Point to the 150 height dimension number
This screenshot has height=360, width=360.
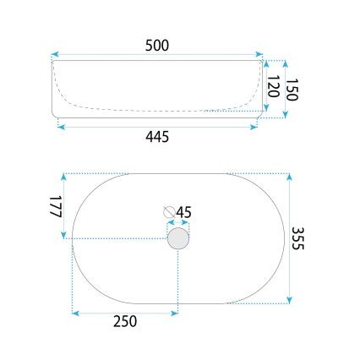(x=293, y=88)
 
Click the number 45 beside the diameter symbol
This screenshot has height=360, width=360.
(x=184, y=212)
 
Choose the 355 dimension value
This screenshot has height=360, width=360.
(x=298, y=239)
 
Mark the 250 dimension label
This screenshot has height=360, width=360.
(x=125, y=321)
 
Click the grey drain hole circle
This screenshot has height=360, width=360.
(x=178, y=239)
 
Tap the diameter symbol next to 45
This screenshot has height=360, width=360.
(x=169, y=212)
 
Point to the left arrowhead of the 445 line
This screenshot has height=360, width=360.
(x=59, y=127)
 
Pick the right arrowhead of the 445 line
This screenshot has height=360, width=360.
(x=255, y=127)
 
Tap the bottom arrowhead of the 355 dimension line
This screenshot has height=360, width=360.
(x=290, y=300)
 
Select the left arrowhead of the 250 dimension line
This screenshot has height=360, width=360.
(x=75, y=314)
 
